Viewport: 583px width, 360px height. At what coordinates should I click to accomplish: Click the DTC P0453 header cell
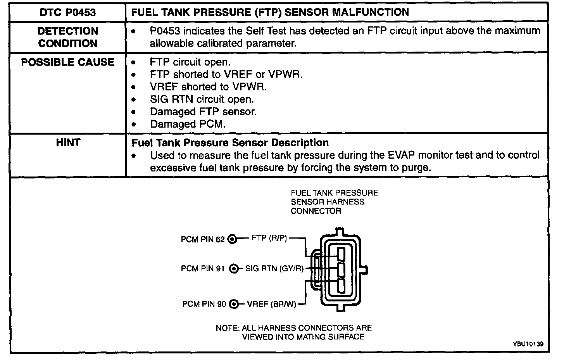67,12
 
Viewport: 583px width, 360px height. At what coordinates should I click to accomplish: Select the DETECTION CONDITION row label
67,37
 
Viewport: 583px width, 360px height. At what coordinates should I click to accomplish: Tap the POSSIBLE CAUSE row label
67,62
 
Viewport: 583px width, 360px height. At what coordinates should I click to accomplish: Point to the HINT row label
67,143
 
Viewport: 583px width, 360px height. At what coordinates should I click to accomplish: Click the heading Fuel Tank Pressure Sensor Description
230,143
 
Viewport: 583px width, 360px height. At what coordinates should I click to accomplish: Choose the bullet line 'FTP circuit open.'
190,62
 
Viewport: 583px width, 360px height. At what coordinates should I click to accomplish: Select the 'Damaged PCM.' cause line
188,124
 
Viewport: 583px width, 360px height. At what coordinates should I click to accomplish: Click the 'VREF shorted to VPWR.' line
208,87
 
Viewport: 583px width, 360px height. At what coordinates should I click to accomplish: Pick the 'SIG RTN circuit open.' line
202,99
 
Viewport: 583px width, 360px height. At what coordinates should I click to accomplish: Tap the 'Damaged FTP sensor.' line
203,112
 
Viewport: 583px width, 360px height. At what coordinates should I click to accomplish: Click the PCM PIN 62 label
202,239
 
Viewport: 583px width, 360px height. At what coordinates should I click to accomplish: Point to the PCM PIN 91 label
202,268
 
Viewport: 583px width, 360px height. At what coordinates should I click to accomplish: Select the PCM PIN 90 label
204,304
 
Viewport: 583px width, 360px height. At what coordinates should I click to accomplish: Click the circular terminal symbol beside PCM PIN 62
232,239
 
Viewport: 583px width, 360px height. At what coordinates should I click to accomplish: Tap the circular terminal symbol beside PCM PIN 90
233,304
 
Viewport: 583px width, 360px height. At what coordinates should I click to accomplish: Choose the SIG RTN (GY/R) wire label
274,268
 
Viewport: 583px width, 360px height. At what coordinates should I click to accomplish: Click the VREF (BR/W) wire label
271,304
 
